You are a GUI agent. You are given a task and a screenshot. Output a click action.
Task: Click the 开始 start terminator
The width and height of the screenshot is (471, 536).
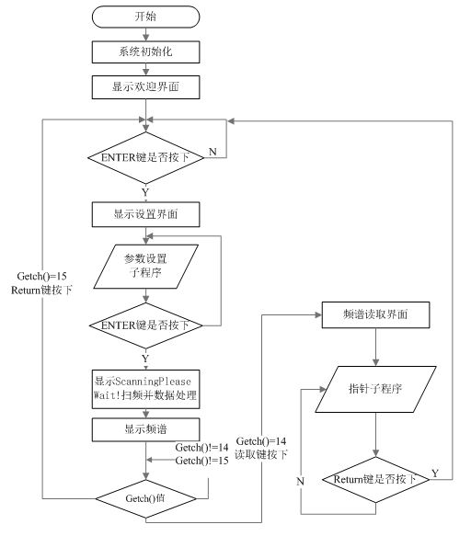point(145,17)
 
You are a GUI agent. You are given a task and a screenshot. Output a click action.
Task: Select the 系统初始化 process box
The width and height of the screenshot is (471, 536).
point(145,52)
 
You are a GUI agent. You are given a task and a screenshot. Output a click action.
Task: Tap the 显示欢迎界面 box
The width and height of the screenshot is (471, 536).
point(145,87)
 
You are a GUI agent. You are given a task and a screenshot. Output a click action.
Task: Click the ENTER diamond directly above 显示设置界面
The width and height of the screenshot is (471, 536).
point(145,158)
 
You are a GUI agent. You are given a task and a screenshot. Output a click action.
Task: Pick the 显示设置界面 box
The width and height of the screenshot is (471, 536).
point(145,214)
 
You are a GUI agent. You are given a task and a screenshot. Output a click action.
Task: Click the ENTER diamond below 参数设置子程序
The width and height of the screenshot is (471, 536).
point(145,325)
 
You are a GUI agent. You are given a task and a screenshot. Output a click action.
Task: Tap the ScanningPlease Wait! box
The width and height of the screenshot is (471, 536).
point(145,389)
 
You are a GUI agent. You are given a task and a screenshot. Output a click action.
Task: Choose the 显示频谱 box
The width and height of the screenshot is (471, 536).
point(145,428)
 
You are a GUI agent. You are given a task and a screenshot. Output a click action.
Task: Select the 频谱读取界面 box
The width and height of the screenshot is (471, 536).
point(377,314)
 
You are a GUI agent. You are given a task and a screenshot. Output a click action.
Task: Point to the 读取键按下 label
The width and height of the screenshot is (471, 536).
point(261,454)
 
